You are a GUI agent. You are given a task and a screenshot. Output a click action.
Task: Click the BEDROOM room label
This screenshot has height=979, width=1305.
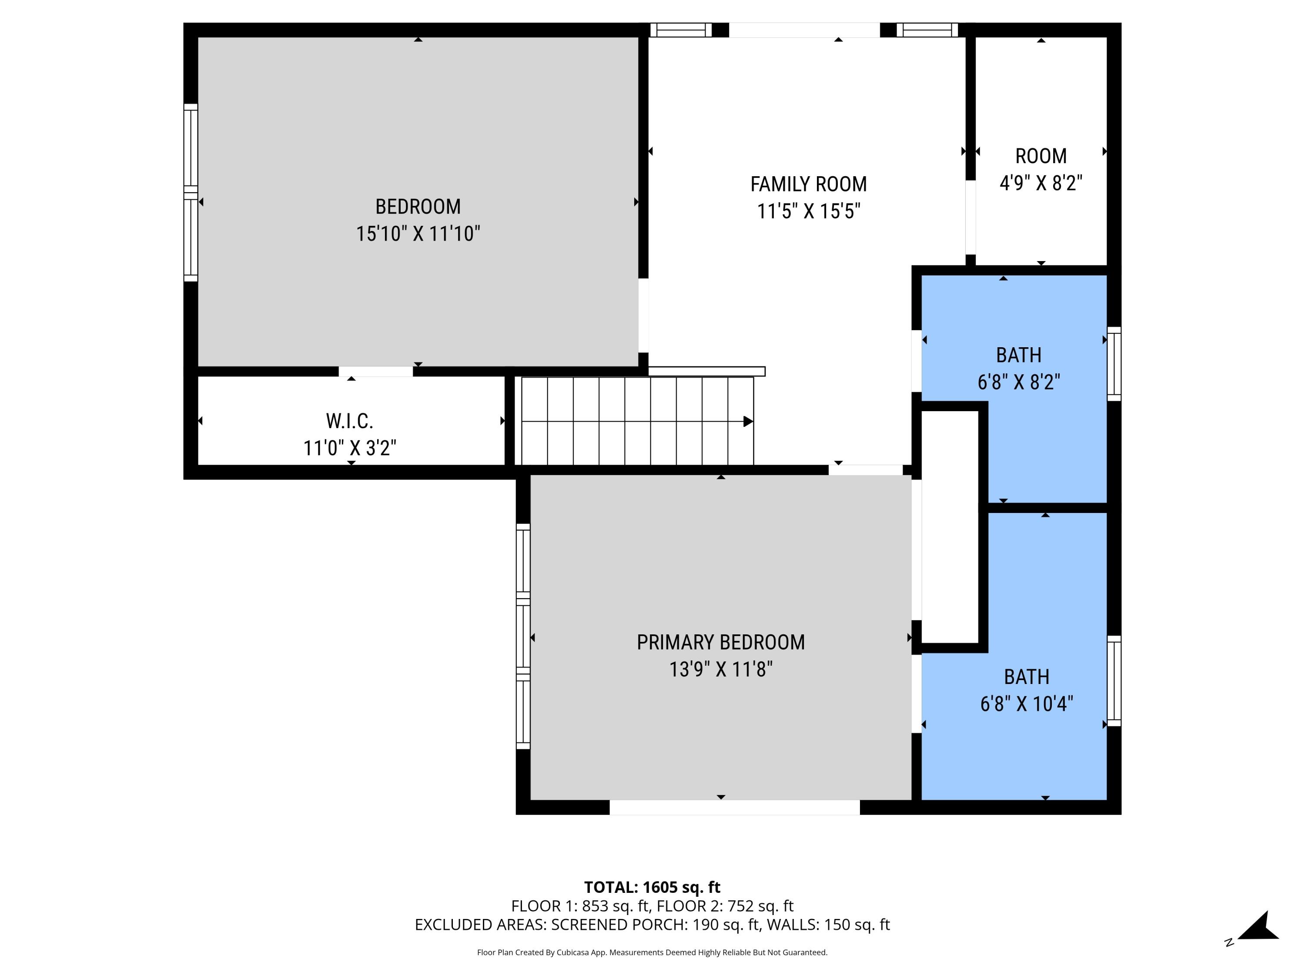coord(418,207)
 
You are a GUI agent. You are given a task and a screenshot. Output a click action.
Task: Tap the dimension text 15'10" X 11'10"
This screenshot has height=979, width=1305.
coord(418,234)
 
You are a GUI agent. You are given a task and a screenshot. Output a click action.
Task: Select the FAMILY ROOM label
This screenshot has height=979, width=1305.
coord(808,184)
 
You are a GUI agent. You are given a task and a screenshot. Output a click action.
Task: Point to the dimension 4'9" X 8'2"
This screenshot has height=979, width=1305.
coord(1041,183)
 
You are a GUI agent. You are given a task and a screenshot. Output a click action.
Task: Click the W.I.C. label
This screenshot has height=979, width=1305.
coord(349,421)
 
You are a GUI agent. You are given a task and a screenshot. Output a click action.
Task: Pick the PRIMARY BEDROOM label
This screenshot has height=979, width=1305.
coord(720,642)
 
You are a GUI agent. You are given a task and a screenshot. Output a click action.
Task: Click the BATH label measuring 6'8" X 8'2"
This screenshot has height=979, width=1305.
coord(1018,355)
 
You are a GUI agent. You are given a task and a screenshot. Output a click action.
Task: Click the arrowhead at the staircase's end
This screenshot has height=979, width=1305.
coord(747,421)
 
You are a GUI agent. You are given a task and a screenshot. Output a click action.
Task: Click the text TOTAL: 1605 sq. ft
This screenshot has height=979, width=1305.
coord(652,887)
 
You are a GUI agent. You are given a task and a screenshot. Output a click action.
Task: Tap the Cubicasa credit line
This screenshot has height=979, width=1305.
coord(652,952)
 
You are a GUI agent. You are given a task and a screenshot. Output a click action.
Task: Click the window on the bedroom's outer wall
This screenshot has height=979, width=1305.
coord(191,192)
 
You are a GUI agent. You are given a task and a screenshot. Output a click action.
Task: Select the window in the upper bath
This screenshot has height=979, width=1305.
coord(1113,363)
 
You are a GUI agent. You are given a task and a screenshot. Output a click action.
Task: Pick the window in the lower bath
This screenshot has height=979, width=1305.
coord(1113,681)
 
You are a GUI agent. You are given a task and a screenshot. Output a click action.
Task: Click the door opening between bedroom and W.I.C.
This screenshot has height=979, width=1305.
coord(375,371)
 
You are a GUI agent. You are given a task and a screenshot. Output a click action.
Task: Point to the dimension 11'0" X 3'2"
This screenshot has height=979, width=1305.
coord(349,448)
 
